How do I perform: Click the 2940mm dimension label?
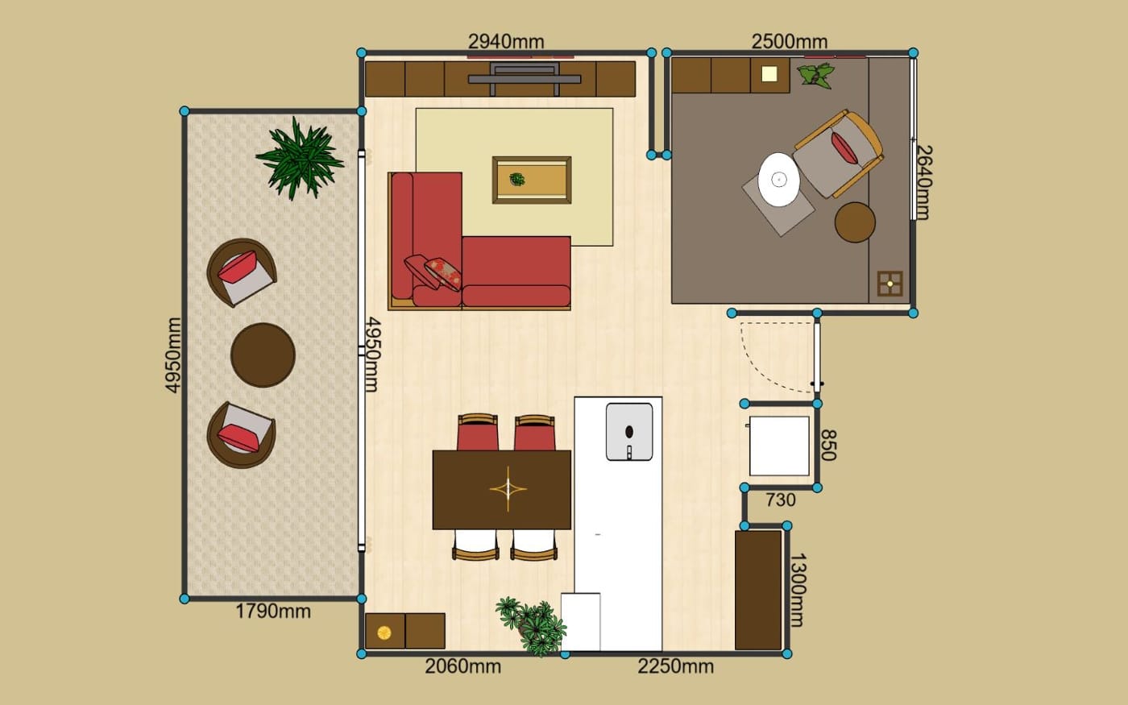(x=506, y=41)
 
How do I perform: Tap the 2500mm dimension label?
(x=790, y=41)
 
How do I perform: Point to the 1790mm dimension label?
(x=273, y=612)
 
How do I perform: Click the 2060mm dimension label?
(x=462, y=666)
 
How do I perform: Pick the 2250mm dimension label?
(x=676, y=666)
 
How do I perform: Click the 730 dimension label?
(x=781, y=500)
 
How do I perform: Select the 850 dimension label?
(x=828, y=445)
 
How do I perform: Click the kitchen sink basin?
(x=629, y=432)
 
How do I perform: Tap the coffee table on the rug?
(x=532, y=180)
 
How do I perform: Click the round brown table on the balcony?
(x=263, y=355)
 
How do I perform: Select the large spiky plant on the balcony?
(x=300, y=158)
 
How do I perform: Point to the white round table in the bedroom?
(x=778, y=179)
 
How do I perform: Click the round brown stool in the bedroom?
(x=855, y=222)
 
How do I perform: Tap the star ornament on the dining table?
(x=508, y=488)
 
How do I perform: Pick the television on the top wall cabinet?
(x=525, y=79)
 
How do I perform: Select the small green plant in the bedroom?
(x=815, y=76)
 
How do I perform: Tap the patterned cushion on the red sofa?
(x=443, y=274)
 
